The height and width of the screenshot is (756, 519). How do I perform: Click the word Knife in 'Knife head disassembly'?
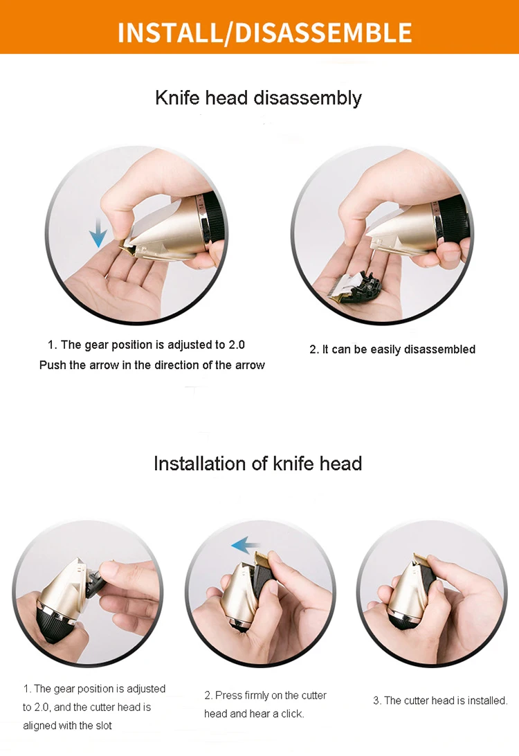coord(177,98)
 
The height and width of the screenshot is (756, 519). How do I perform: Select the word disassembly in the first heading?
coord(307,98)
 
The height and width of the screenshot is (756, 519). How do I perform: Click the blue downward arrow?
coord(98,232)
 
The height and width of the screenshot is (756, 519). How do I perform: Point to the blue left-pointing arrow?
coord(246,546)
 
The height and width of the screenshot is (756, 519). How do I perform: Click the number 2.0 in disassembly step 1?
coord(236,345)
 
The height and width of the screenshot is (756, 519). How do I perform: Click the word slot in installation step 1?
coord(104,726)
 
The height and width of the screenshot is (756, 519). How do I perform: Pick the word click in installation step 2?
coord(292,714)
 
